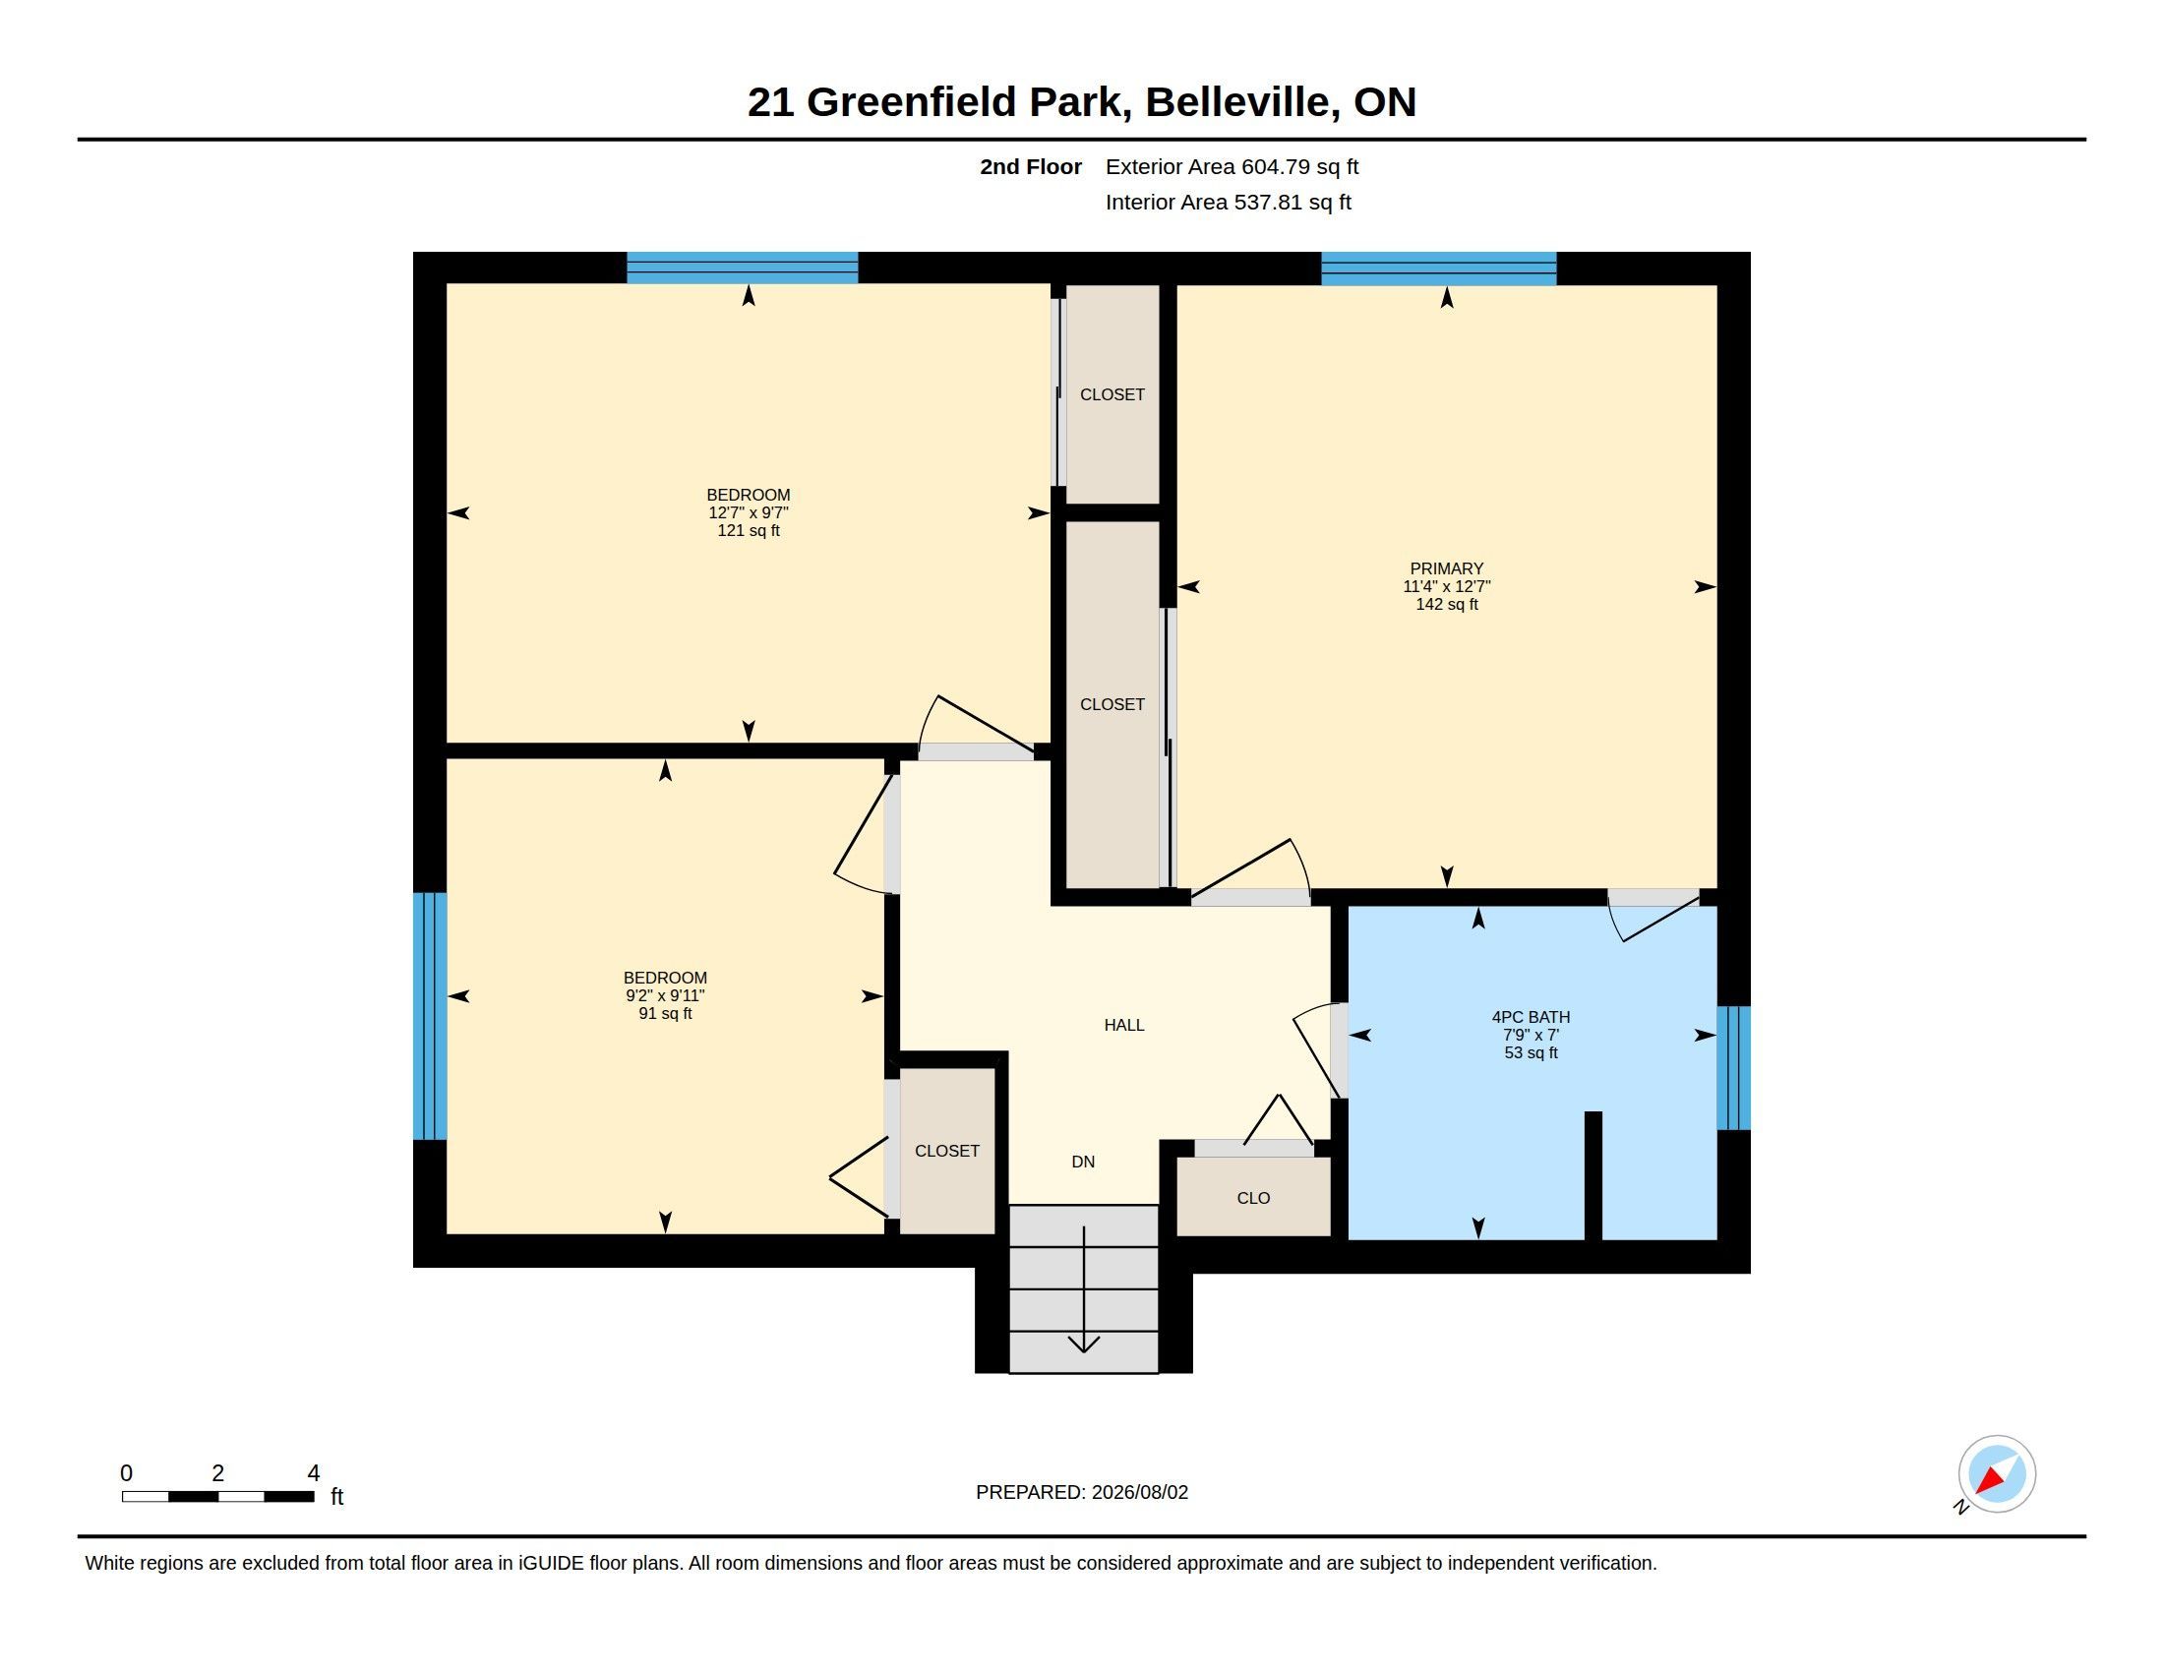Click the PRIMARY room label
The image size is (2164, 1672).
[1447, 568]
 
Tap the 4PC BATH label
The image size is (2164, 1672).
[1531, 1017]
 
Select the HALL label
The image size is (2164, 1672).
[1123, 1025]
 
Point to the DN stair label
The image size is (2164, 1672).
[1083, 1162]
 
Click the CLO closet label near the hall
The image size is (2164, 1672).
[1253, 1199]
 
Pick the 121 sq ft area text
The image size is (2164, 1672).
[749, 531]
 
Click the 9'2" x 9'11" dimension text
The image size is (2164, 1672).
[665, 996]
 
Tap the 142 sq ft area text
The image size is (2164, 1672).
[1447, 604]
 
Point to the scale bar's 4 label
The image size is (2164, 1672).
[313, 1473]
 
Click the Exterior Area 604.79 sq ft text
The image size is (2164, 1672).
[1232, 166]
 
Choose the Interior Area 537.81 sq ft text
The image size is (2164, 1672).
[1228, 202]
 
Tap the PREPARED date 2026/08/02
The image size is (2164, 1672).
[1139, 1492]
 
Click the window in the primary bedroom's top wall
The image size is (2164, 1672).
[1439, 269]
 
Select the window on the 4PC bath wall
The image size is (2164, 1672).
[1733, 1068]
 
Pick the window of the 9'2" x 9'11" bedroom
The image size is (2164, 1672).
[430, 1016]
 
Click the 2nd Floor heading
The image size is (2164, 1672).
[1031, 166]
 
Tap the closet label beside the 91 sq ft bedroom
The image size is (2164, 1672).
[946, 1151]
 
